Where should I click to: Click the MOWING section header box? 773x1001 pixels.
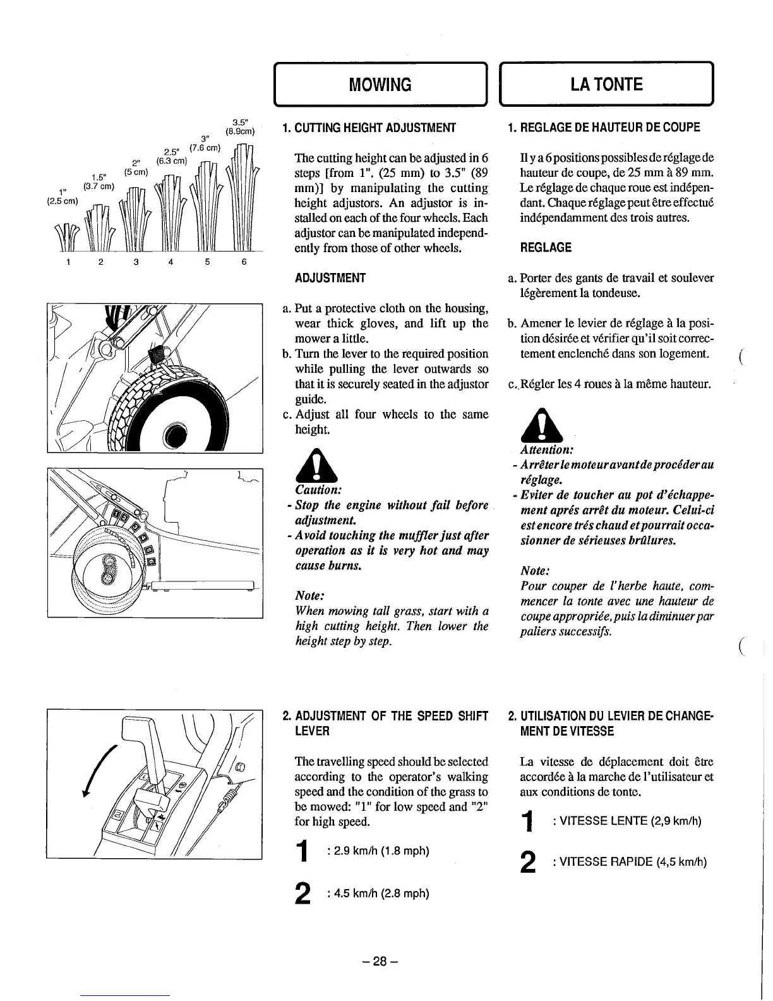click(381, 84)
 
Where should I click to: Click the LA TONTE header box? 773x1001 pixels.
click(607, 84)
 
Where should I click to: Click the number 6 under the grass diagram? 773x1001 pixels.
click(244, 263)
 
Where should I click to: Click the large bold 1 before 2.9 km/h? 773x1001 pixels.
click(304, 851)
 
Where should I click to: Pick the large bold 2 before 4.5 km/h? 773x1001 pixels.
click(304, 894)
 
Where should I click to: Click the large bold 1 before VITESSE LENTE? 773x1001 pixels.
click(529, 822)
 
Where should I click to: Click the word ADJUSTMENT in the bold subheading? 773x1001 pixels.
click(330, 278)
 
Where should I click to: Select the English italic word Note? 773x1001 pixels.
click(310, 596)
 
